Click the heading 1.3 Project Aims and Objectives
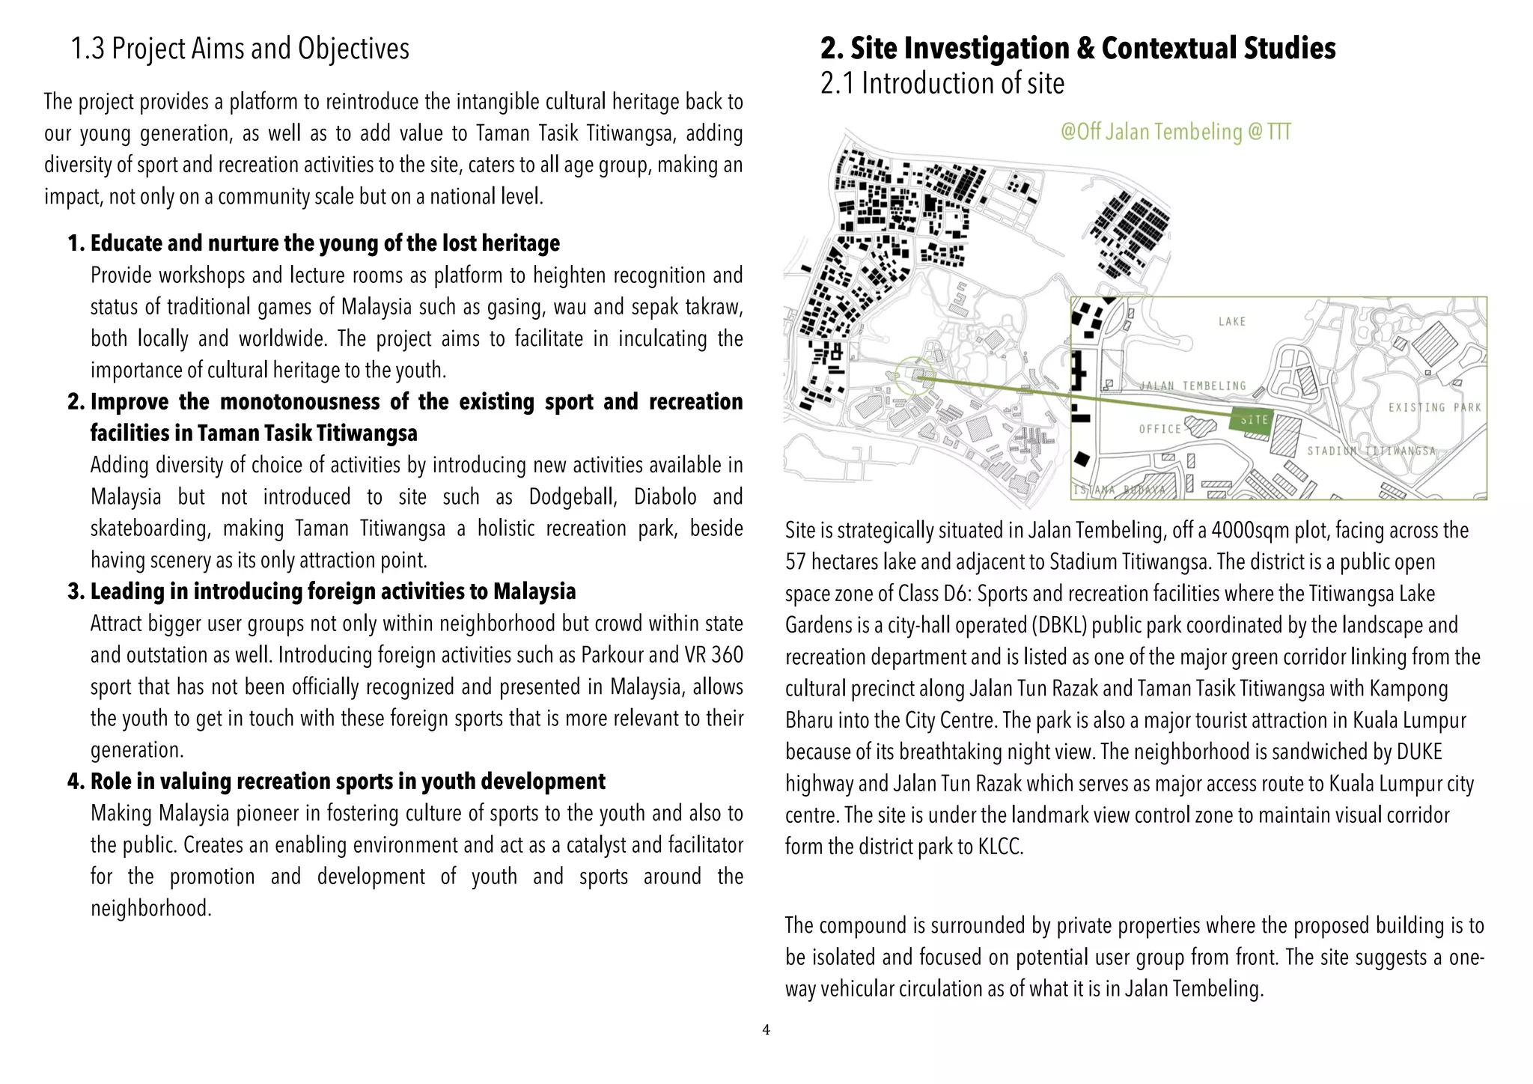tap(240, 49)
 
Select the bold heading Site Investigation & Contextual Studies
tap(1078, 48)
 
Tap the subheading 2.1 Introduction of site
tap(942, 83)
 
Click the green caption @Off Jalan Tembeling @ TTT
tap(1175, 133)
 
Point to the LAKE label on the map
tap(1232, 322)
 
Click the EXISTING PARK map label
tap(1434, 407)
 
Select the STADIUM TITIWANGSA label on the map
tap(1371, 451)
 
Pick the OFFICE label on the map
tap(1159, 429)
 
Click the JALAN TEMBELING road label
tap(1193, 386)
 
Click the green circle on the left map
tap(914, 377)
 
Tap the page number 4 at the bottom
tap(766, 1030)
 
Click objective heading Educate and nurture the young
tap(324, 243)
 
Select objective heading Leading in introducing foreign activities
tap(332, 591)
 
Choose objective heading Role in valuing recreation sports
tap(347, 782)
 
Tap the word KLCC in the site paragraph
tap(1000, 847)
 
